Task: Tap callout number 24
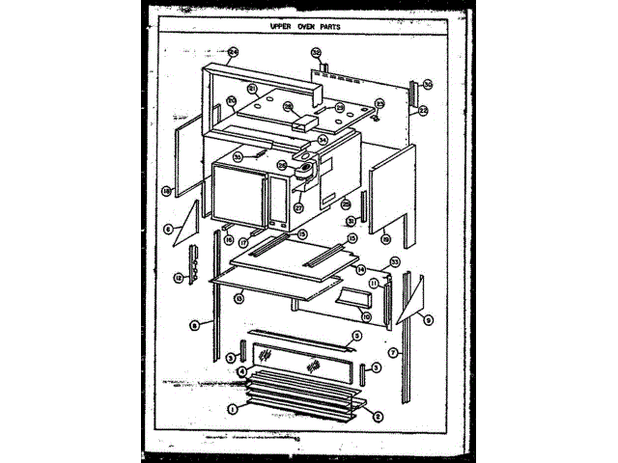click(x=232, y=52)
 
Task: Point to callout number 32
click(x=316, y=52)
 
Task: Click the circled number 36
click(x=428, y=83)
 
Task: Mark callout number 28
click(x=288, y=106)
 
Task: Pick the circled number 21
click(x=251, y=88)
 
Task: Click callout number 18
click(x=166, y=191)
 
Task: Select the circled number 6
click(x=168, y=229)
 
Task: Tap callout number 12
click(x=178, y=278)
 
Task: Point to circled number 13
click(x=239, y=300)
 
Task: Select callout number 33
click(x=394, y=261)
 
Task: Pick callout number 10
click(x=367, y=314)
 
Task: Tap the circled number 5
click(x=356, y=336)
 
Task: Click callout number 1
click(x=232, y=408)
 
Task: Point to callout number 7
click(x=392, y=353)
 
